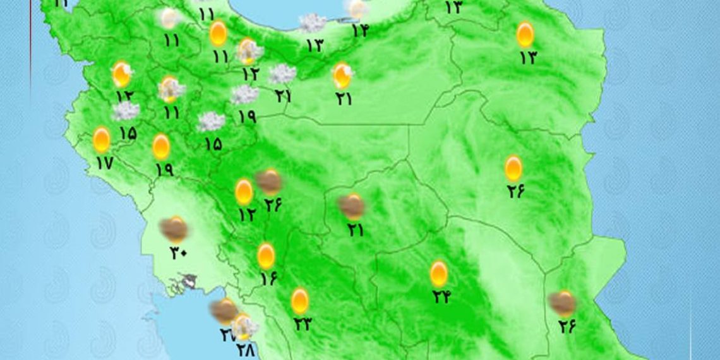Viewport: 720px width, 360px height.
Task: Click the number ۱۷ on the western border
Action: [104, 163]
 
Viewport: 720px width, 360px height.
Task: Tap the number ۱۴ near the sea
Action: [359, 30]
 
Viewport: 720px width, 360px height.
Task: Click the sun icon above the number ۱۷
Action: [102, 140]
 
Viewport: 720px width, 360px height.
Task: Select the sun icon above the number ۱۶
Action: [267, 256]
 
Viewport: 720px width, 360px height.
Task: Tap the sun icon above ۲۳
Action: [300, 301]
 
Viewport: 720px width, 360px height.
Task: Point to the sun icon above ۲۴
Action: [439, 273]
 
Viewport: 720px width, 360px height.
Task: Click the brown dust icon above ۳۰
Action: [173, 228]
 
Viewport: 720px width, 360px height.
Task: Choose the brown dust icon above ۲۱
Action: [351, 206]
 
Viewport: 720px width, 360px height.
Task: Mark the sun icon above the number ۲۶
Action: [513, 168]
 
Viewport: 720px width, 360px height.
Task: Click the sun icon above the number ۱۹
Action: [161, 147]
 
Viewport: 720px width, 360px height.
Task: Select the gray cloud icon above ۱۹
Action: [244, 95]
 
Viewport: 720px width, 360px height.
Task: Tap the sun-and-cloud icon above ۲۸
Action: [244, 327]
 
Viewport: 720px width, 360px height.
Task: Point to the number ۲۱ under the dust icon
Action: [355, 230]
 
